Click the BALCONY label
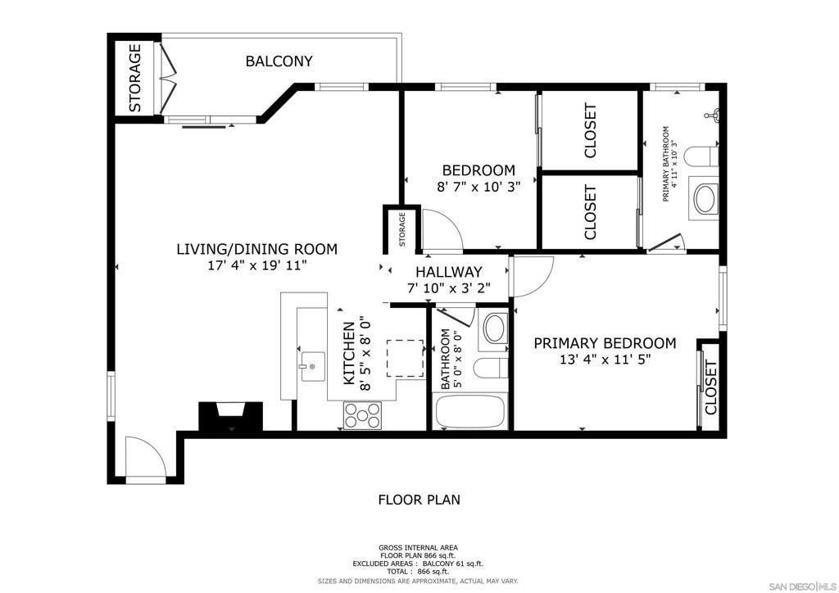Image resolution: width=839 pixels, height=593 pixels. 279,61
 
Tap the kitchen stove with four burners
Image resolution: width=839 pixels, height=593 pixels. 363,415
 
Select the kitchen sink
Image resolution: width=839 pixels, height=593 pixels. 312,366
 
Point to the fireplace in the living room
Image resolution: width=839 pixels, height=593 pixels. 230,416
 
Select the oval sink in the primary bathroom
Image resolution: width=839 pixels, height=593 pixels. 706,199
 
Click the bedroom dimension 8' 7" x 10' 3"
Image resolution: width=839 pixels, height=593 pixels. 478,187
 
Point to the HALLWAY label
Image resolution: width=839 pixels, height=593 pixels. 448,272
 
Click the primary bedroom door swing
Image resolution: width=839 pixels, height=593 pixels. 531,277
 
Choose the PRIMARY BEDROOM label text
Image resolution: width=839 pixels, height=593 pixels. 605,343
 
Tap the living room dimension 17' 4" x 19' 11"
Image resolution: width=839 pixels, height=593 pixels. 256,265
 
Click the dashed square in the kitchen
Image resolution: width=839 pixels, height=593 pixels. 405,358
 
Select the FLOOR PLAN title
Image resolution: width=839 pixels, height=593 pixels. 419,500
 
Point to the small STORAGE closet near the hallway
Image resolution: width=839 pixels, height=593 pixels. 401,229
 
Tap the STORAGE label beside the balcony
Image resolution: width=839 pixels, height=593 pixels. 135,78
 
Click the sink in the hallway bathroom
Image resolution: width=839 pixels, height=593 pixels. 496,328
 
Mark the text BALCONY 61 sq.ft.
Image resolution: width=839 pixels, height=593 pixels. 452,564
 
